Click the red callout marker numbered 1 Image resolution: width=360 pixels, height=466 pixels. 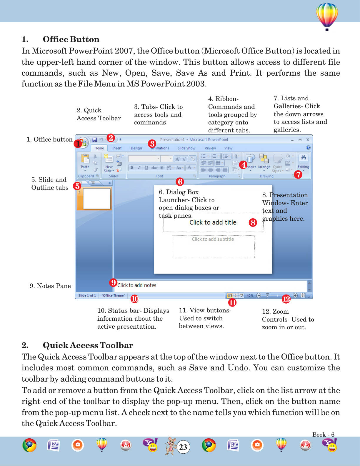click(78, 144)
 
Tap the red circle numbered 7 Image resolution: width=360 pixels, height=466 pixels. click(298, 174)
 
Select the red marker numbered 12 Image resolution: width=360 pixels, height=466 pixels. click(286, 299)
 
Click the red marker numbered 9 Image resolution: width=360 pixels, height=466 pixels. click(113, 283)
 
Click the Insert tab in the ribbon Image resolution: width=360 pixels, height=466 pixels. click(117, 148)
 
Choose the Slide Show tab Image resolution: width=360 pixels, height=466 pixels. click(186, 148)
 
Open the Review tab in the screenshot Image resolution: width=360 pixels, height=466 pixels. click(210, 148)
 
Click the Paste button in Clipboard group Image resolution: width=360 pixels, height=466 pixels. click(85, 162)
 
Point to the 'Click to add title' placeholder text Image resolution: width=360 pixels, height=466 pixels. click(213, 222)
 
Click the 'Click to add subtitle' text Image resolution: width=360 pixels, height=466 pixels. click(213, 239)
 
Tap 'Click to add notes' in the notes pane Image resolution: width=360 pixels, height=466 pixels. click(137, 285)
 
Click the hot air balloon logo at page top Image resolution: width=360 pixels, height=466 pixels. click(327, 16)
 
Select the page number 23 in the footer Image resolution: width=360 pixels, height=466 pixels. click(183, 447)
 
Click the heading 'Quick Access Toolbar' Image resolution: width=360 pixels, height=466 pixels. click(88, 345)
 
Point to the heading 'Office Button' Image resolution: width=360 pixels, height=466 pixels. click(71, 39)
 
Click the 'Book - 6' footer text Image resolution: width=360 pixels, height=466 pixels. click(323, 435)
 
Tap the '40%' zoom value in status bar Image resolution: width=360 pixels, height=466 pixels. click(250, 296)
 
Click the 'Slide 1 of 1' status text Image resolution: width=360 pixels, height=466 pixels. click(87, 296)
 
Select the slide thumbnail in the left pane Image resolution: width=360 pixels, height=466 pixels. click(96, 199)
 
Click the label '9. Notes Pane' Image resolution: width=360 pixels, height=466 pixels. click(50, 286)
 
